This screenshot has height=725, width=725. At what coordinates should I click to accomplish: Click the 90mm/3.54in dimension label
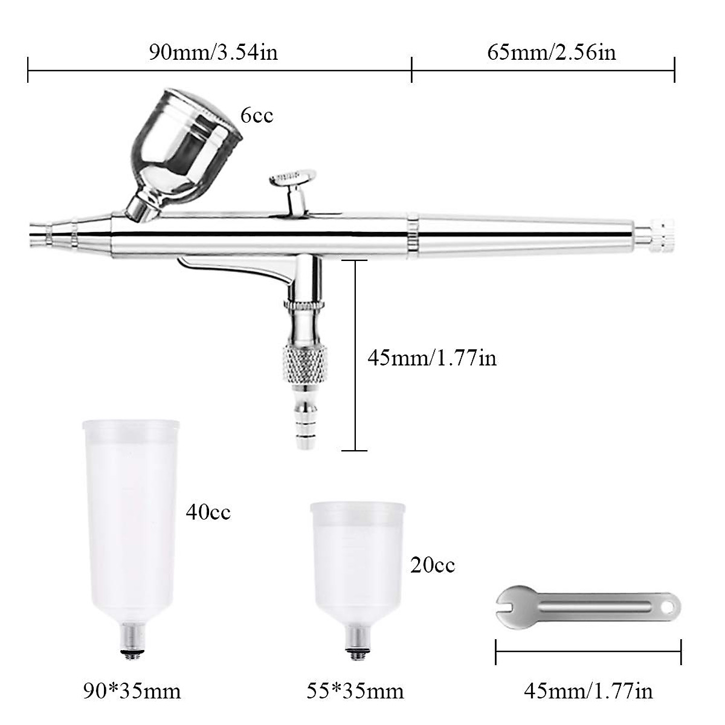click(x=213, y=52)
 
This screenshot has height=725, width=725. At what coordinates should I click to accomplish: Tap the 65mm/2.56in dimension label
click(x=552, y=52)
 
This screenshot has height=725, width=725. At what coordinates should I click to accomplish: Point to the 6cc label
click(x=257, y=115)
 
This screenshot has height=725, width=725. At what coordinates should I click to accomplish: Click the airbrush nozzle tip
click(x=36, y=234)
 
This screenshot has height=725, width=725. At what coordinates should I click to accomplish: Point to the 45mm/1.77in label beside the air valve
click(x=432, y=358)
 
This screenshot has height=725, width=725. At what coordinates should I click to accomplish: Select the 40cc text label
click(x=208, y=513)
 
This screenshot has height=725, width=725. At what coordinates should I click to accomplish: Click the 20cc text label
click(x=433, y=565)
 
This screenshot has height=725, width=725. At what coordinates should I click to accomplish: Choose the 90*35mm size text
click(x=132, y=691)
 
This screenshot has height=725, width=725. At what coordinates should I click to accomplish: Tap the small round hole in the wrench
click(x=668, y=607)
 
